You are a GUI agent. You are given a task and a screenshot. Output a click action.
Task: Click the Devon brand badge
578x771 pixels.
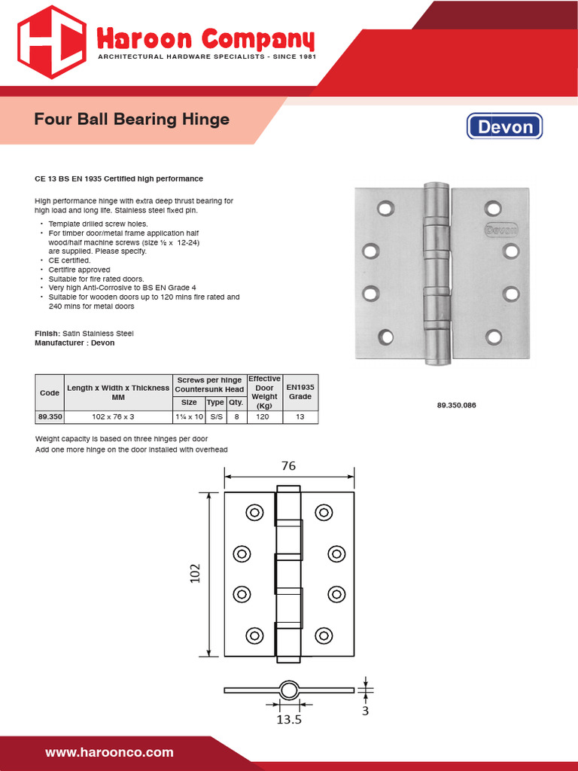click(505, 126)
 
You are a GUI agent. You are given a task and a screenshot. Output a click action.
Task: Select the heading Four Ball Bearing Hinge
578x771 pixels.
click(132, 120)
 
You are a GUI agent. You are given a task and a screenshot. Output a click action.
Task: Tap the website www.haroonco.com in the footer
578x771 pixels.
click(109, 752)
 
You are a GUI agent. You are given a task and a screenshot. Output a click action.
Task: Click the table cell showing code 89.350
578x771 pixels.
click(49, 416)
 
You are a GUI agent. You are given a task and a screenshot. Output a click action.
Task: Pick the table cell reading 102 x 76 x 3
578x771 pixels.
click(117, 416)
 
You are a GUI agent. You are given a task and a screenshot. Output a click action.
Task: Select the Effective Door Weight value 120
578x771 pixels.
click(263, 416)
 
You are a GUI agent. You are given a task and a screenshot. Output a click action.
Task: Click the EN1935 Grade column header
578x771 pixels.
click(300, 392)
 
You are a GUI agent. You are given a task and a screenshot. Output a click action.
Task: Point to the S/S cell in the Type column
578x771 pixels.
click(215, 416)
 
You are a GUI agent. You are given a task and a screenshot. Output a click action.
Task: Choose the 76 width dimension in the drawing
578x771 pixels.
click(289, 466)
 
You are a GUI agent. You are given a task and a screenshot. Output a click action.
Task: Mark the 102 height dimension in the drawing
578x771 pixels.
click(195, 574)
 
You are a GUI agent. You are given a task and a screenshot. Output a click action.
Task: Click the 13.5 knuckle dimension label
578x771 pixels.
click(289, 720)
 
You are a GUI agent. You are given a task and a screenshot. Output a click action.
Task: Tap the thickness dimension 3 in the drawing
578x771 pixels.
click(365, 710)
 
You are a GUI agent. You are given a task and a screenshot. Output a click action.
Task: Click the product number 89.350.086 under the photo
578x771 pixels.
click(456, 406)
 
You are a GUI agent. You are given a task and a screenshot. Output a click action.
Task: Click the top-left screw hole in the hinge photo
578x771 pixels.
click(385, 207)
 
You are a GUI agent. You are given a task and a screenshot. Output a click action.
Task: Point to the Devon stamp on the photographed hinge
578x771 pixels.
click(500, 229)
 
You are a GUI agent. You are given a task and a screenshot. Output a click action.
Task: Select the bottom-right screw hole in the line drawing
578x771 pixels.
click(324, 635)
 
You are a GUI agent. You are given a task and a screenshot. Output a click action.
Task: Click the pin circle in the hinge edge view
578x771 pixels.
click(289, 690)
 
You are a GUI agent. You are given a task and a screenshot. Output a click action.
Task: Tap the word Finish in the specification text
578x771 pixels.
click(47, 333)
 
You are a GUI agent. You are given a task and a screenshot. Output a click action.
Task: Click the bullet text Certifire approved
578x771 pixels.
click(79, 270)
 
